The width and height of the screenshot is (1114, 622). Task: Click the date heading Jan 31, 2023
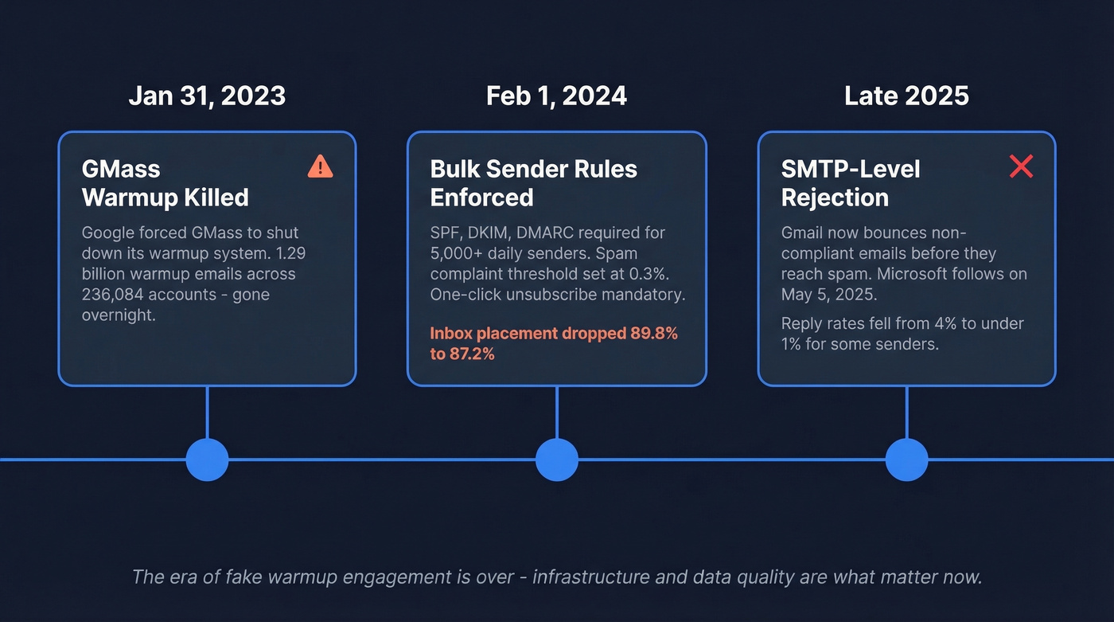(x=207, y=96)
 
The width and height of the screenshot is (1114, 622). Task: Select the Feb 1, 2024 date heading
(x=556, y=96)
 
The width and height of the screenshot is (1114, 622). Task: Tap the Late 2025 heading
(x=906, y=96)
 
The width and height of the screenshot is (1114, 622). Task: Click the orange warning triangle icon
(x=320, y=166)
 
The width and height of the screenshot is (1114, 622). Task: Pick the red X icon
(x=1021, y=166)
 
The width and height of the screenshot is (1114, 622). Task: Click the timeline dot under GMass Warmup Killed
(x=207, y=460)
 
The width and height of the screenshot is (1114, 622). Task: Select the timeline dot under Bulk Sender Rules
(x=556, y=460)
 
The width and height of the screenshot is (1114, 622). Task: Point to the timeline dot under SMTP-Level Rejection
(x=906, y=460)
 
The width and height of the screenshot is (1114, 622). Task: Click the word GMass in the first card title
(x=121, y=169)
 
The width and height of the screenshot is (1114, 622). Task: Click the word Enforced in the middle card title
(x=481, y=198)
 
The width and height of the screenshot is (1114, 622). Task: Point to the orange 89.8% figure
(x=647, y=334)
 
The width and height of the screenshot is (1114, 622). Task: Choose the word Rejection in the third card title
(x=835, y=198)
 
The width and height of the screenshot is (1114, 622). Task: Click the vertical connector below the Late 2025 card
(x=906, y=412)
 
